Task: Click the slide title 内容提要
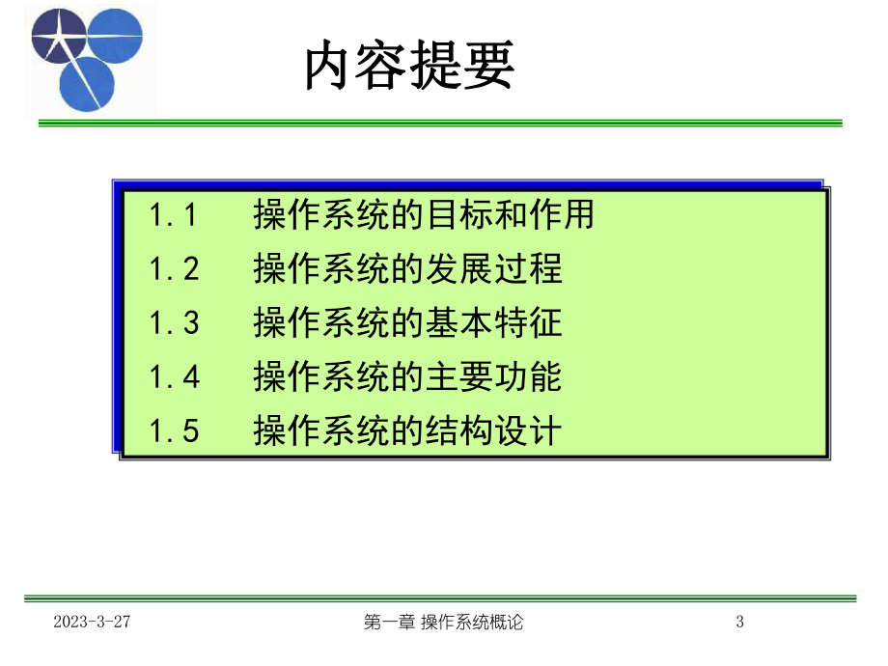409,67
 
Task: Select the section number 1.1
174,215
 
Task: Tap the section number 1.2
174,269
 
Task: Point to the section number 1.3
174,323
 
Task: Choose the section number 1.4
174,377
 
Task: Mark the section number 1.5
174,431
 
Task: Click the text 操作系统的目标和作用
424,215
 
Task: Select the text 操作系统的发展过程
407,269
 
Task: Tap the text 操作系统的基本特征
407,323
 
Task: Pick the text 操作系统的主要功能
407,377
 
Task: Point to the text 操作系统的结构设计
407,431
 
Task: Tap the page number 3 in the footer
740,623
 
